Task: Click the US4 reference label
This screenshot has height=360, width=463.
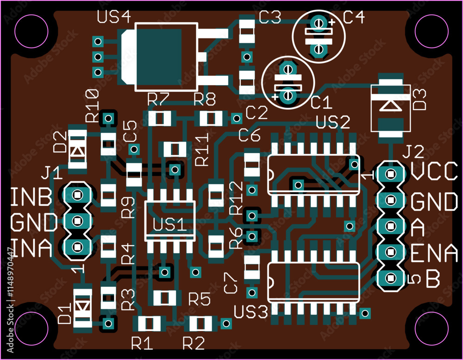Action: [114, 17]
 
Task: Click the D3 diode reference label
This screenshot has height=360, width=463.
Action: [419, 100]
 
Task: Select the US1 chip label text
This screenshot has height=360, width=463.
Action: [170, 225]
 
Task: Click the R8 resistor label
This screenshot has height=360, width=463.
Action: [205, 99]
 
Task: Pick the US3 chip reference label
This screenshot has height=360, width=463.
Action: [251, 312]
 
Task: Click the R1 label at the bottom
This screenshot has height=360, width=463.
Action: [142, 343]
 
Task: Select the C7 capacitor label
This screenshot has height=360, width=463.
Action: [230, 283]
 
